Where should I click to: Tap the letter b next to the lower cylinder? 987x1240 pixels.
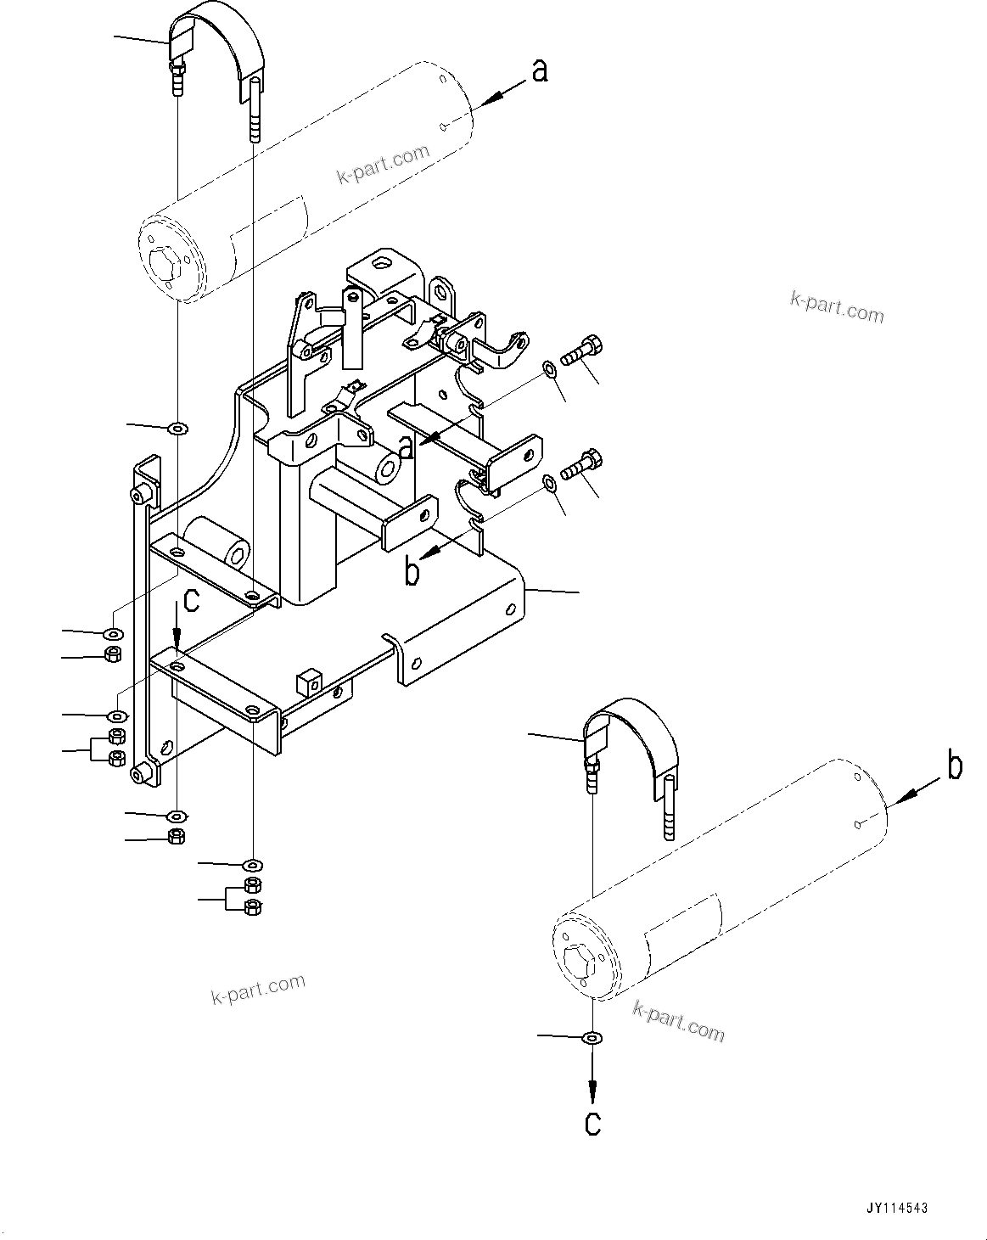[x=955, y=767]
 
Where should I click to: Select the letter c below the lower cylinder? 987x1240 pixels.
[x=593, y=1123]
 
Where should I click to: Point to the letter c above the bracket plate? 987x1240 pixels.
[x=192, y=601]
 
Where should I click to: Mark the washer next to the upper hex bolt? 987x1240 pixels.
[x=549, y=368]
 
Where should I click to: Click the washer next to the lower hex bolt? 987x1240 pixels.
[x=549, y=483]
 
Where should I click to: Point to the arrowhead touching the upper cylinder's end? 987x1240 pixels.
[x=483, y=103]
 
